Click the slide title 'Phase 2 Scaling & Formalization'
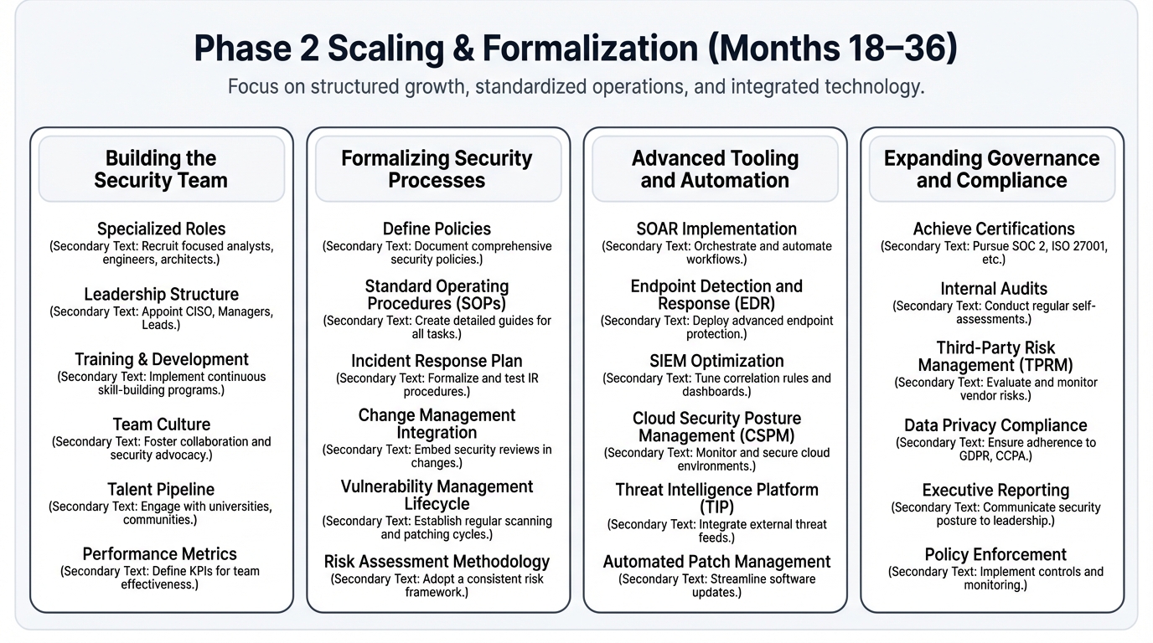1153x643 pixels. click(575, 49)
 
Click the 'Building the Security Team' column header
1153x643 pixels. click(161, 169)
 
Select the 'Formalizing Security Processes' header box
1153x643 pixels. click(437, 169)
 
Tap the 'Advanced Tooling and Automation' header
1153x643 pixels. click(714, 169)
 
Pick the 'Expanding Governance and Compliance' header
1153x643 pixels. click(991, 169)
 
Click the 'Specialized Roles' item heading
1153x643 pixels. click(161, 229)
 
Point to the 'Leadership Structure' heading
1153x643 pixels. click(161, 294)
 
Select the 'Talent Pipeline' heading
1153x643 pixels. click(161, 490)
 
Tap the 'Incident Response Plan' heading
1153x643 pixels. click(437, 361)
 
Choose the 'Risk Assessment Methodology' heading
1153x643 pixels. click(437, 561)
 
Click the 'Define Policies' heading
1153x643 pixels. click(437, 229)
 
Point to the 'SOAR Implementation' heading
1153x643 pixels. click(716, 229)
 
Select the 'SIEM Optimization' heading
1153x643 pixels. click(716, 361)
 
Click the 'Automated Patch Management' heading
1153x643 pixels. click(716, 561)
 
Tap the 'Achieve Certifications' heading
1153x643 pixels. click(994, 229)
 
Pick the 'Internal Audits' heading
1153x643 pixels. click(994, 289)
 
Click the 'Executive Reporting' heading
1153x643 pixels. click(995, 490)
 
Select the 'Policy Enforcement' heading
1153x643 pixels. click(995, 554)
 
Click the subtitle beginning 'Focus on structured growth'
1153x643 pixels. click(576, 87)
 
